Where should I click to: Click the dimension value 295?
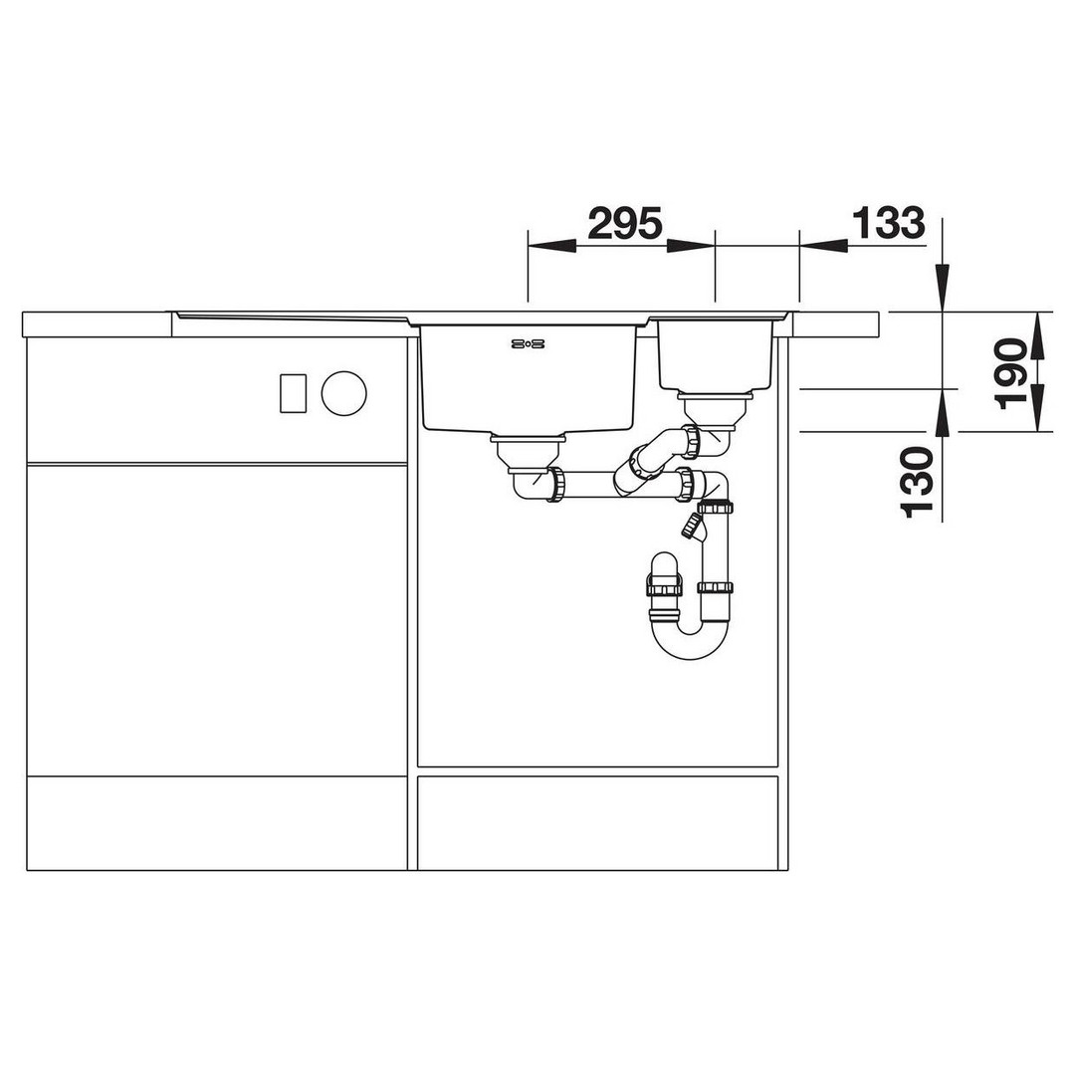coord(625,223)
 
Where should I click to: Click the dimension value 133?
coord(888,223)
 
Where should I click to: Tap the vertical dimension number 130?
coord(918,482)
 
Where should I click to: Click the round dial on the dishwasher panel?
coord(344,393)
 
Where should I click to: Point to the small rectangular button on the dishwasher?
coord(294,393)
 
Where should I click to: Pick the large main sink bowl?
coord(528,378)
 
